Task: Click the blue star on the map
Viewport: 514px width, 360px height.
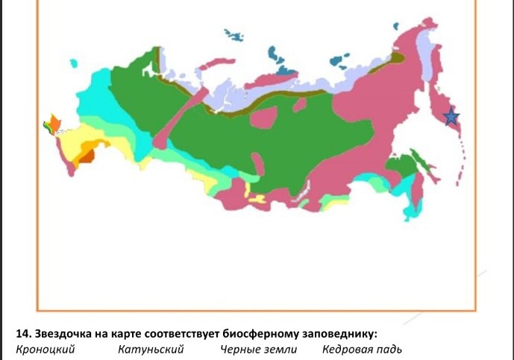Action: coord(451,117)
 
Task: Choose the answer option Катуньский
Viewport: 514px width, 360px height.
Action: coord(150,349)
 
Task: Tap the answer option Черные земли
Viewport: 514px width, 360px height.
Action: coord(258,349)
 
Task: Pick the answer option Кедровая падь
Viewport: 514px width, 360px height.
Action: coord(362,349)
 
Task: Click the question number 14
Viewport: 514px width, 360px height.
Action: coord(22,332)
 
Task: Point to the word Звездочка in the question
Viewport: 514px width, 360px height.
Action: coord(66,332)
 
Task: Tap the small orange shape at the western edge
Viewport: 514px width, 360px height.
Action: coord(54,123)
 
